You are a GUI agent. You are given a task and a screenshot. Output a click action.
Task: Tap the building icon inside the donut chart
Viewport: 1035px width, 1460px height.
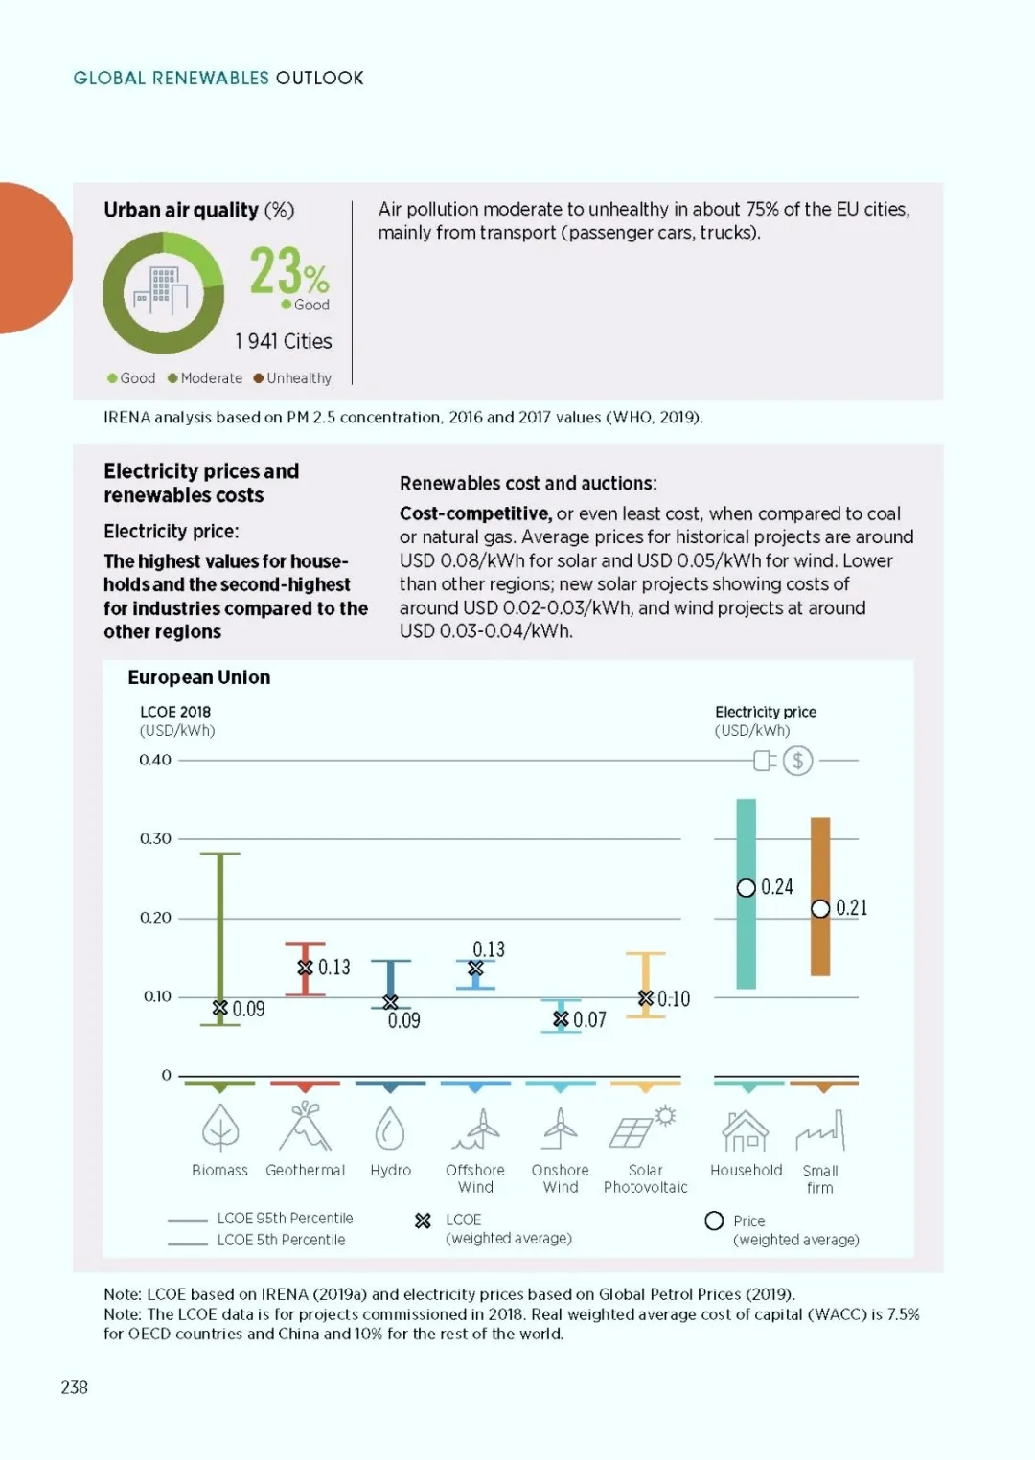pos(160,290)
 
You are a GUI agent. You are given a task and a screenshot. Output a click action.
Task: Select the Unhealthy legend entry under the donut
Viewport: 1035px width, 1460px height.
pos(293,378)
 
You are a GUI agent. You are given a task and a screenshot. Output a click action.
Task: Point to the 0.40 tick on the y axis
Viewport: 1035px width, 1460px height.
pos(155,760)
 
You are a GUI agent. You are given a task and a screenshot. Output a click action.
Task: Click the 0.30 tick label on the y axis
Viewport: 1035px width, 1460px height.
pos(155,838)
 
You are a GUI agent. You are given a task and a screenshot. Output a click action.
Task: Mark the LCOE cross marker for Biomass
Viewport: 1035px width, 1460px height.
pos(220,1008)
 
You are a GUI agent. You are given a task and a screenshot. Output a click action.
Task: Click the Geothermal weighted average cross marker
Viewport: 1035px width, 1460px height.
pos(305,968)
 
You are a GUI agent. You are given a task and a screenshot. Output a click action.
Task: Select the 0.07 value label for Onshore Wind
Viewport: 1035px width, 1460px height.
pos(589,1019)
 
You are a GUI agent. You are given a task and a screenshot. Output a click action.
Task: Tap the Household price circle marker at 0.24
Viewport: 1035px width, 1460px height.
pos(747,888)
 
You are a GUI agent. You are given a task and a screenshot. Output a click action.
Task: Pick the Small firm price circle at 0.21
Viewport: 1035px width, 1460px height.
pos(820,908)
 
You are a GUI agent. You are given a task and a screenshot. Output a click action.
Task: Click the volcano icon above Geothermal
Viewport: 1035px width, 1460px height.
pos(305,1126)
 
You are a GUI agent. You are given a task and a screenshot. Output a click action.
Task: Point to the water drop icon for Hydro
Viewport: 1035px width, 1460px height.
pos(390,1129)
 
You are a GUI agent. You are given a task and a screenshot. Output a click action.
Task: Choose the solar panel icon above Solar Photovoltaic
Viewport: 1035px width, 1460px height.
pos(643,1127)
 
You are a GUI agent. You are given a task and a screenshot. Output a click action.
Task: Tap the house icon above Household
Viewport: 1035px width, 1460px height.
pos(746,1130)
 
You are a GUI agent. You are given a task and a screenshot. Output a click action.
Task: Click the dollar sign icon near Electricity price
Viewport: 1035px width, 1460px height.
pos(797,761)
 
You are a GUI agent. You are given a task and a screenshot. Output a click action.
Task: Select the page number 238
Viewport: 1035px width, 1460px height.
pos(75,1387)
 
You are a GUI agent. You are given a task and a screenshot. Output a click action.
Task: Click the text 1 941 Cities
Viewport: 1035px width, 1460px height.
pos(284,341)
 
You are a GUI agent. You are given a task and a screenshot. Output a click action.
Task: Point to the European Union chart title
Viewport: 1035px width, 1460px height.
pos(199,677)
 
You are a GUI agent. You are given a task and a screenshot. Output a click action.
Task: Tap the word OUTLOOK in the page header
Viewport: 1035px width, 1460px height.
pos(319,79)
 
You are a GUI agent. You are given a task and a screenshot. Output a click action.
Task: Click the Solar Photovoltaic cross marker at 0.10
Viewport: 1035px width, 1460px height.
pos(646,998)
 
